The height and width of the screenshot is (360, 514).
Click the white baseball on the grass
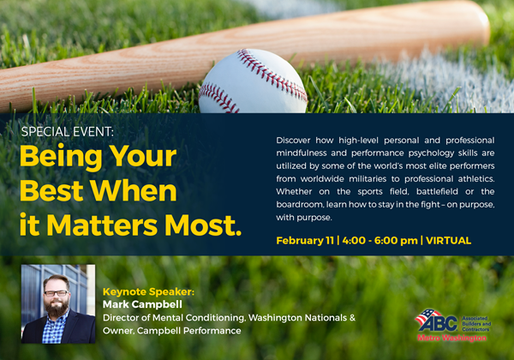253,82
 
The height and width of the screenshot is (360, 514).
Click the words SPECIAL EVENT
67,132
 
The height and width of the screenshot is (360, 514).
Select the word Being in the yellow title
62,157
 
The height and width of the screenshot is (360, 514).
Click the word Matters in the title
102,225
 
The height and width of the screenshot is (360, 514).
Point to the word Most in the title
203,225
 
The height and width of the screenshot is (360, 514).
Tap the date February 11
305,241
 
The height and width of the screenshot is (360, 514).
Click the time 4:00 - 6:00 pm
380,241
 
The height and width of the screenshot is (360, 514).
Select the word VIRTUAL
448,241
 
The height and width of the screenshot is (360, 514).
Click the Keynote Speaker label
148,291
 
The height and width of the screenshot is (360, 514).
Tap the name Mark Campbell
142,304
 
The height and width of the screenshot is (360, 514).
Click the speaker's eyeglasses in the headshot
56,293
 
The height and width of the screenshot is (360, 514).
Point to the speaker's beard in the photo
57,307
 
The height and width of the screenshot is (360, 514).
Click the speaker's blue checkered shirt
54,328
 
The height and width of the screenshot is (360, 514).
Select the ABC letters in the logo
438,323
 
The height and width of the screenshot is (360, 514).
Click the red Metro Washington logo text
451,338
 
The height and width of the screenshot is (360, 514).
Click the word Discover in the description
293,141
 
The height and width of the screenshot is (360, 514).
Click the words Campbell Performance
188,331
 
